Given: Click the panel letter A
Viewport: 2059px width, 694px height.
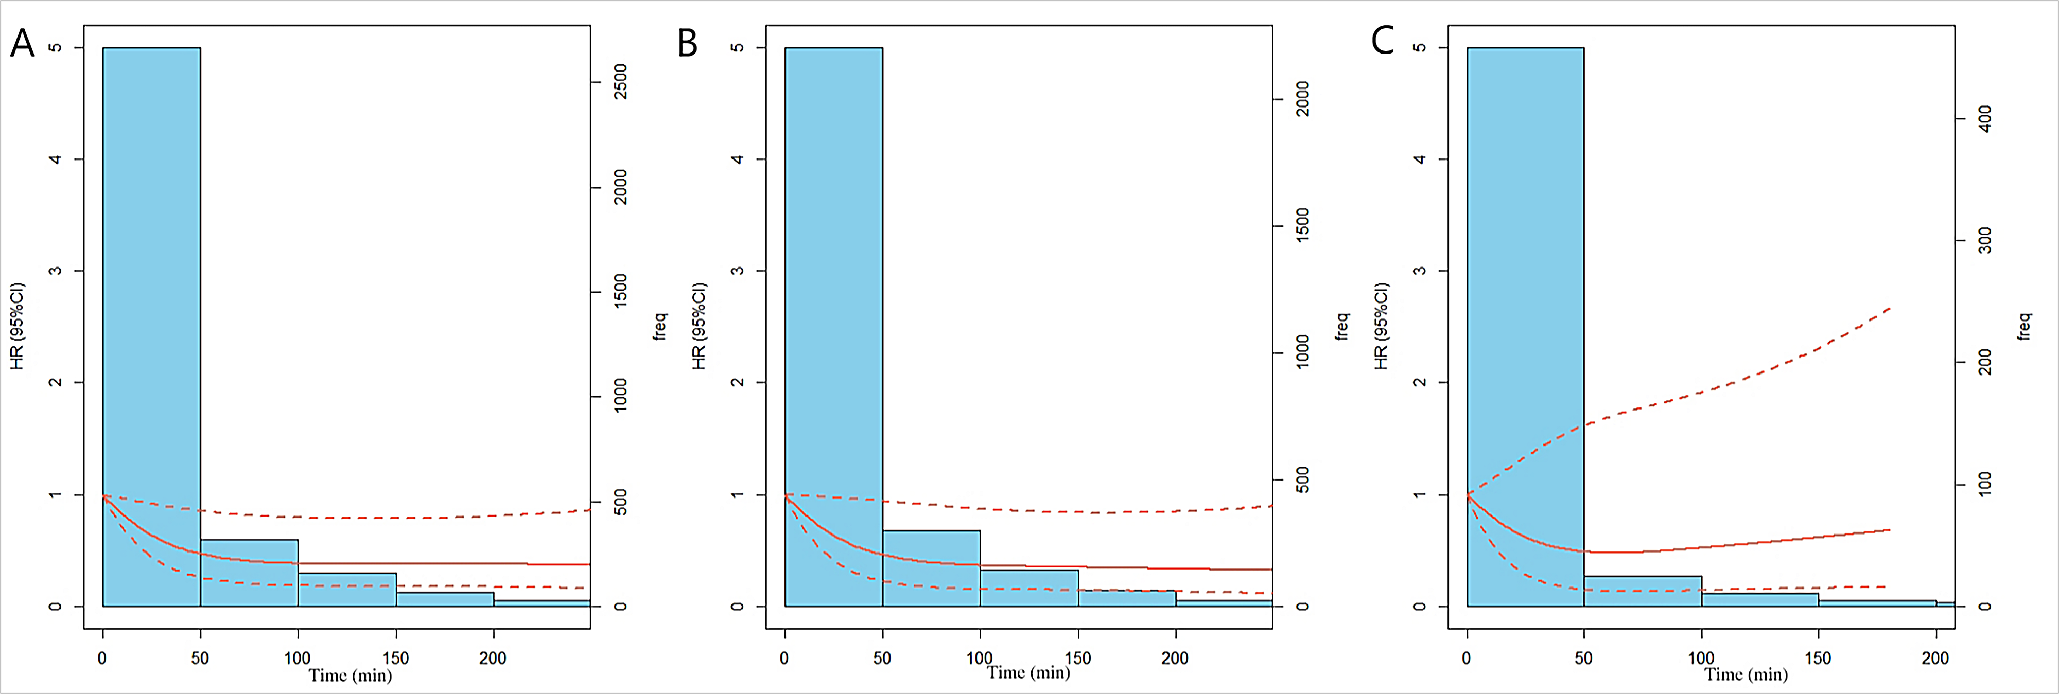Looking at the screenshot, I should pyautogui.click(x=22, y=43).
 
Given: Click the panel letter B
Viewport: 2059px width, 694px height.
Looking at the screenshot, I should pyautogui.click(x=687, y=43).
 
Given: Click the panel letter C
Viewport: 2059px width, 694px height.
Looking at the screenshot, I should pyautogui.click(x=1382, y=41).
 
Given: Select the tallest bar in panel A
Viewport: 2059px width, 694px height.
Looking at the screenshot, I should pyautogui.click(x=152, y=319).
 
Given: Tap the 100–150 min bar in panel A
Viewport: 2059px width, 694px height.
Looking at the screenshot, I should pyautogui.click(x=347, y=590).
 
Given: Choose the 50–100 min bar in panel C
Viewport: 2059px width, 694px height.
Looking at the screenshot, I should pyautogui.click(x=1643, y=591).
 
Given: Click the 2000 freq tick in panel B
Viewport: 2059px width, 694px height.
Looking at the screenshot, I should pyautogui.click(x=1302, y=99).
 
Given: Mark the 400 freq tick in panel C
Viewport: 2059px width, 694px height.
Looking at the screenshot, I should pyautogui.click(x=1984, y=119).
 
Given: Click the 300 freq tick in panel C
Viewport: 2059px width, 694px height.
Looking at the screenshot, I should pyautogui.click(x=1984, y=240).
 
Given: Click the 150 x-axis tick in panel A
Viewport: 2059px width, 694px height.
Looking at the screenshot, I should pyautogui.click(x=395, y=658).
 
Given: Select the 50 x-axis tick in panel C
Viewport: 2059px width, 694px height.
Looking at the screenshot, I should pyautogui.click(x=1583, y=658).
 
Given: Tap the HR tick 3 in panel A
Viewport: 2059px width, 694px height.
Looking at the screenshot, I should pyautogui.click(x=55, y=271).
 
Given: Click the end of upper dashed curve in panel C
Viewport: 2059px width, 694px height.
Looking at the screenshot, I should pyautogui.click(x=1890, y=308).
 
